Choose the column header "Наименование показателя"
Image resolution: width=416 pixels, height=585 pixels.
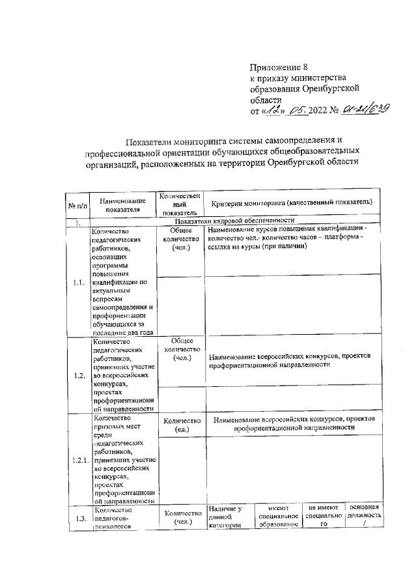(x=122, y=206)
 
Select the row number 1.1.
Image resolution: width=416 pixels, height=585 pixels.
(x=78, y=282)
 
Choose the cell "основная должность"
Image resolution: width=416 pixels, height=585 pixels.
(x=364, y=516)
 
